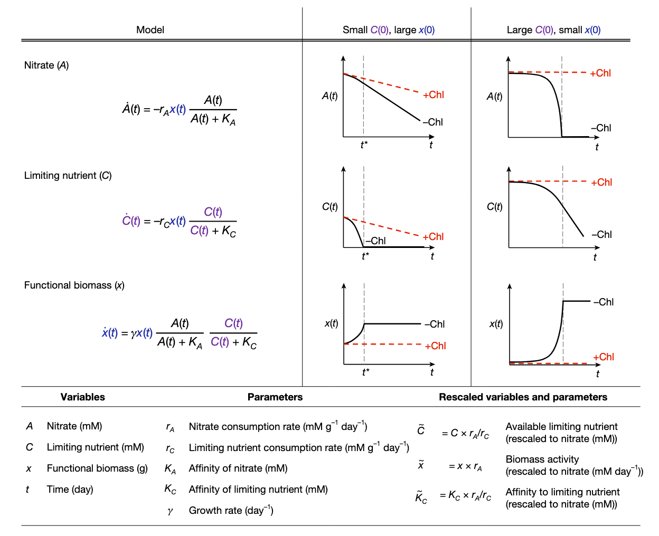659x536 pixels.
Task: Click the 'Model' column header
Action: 150,30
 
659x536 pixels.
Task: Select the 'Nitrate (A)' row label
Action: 46,65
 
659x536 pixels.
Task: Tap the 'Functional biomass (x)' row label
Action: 74,285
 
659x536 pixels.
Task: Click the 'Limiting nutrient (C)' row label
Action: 68,176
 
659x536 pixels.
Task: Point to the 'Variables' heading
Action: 82,397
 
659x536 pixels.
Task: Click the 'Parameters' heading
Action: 275,397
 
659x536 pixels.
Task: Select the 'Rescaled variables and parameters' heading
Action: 523,397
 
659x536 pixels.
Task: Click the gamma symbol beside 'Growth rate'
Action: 170,511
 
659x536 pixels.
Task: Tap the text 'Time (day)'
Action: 70,490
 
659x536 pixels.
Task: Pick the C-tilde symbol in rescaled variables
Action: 421,430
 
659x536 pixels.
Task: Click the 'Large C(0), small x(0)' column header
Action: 553,30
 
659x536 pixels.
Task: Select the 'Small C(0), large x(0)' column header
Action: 389,30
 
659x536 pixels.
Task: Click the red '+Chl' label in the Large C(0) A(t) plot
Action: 600,73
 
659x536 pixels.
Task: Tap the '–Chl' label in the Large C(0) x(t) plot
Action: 604,302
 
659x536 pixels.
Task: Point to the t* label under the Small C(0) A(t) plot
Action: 364,145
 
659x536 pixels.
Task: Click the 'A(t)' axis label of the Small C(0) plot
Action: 330,96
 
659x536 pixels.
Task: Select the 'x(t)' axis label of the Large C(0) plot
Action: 496,324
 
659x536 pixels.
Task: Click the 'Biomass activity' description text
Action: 542,460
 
